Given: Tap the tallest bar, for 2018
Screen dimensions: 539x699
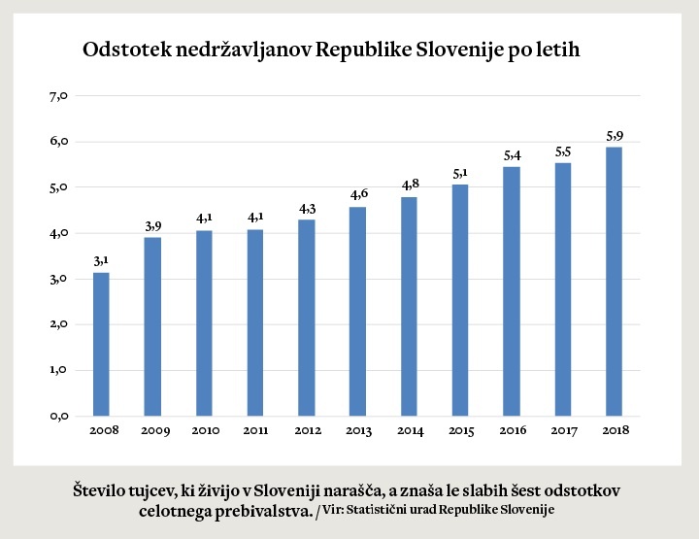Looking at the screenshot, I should coord(614,281).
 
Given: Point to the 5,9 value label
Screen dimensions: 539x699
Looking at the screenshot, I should coord(614,134).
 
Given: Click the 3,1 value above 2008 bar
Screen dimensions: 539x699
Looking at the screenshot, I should coord(101,260).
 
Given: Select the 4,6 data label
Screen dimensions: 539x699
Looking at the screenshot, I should coord(357,194).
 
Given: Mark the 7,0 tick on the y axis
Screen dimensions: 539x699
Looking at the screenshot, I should coord(57,95).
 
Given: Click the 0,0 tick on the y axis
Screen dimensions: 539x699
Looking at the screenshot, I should coord(57,416).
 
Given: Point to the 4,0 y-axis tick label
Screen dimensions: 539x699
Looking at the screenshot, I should coord(57,233).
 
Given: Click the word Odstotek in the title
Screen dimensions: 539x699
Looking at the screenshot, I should coord(125,50).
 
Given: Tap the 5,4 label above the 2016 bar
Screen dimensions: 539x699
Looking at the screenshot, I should coord(511,154).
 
